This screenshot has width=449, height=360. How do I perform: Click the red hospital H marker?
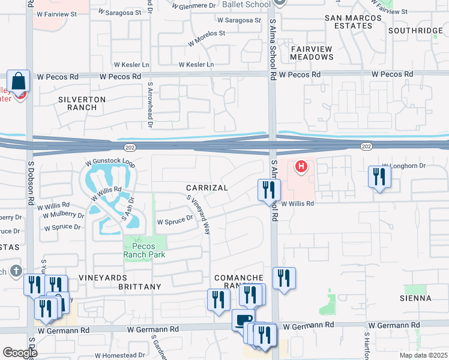click(302, 166)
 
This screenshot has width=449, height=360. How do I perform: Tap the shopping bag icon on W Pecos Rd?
click(19, 81)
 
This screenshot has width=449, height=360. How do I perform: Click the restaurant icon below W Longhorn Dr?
click(379, 176)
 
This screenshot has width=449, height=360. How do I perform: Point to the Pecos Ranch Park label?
click(139, 250)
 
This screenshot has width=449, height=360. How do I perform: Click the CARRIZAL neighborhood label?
click(206, 188)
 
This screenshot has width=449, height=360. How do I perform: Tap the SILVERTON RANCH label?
click(82, 103)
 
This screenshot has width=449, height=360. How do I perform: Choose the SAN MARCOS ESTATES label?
click(353, 23)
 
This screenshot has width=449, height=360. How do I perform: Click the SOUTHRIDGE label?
click(415, 31)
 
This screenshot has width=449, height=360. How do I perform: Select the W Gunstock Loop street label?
click(110, 163)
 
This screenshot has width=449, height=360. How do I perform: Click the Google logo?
click(20, 352)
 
